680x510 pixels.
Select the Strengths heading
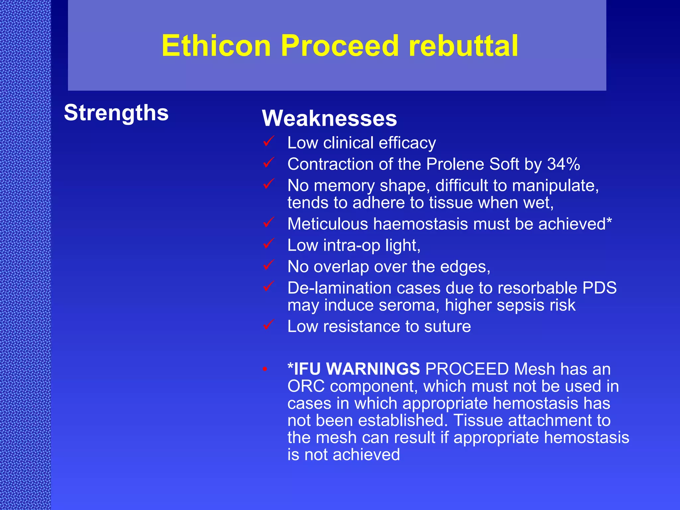pos(116,113)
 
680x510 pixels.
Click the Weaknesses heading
pos(329,118)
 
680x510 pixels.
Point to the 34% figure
pos(563,164)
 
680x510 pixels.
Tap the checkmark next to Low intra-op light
pos(268,244)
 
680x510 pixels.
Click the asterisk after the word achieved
pos(609,220)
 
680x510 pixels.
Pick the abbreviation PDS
pos(599,288)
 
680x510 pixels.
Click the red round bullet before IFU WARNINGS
pos(265,369)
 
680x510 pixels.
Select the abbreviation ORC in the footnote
pos(306,386)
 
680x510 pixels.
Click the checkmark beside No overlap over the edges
pos(268,265)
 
